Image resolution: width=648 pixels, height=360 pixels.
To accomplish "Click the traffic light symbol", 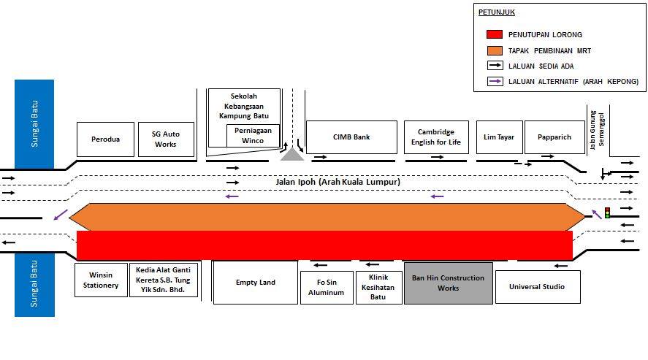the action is point(607,213).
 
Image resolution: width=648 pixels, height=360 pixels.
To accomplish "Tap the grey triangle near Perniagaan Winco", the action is point(292,156).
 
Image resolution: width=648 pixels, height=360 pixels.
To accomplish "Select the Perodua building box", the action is point(105,139).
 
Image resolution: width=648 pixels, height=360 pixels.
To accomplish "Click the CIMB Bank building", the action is point(351,137).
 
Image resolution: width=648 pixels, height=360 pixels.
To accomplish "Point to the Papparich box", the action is point(554,137).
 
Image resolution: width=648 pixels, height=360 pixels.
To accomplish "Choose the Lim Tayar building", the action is point(499,137).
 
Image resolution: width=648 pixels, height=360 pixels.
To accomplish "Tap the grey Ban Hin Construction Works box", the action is point(449,283).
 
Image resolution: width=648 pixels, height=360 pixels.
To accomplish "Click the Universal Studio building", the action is point(538,287).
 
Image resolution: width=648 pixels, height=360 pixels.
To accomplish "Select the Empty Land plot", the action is point(256,283).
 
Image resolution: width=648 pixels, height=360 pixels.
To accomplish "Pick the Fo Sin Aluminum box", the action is point(327,287).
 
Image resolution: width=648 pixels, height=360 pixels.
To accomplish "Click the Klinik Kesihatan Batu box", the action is point(378,287).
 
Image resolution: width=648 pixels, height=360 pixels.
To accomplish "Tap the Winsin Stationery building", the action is point(101,280).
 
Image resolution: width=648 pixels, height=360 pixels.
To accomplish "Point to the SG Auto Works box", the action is point(166,139).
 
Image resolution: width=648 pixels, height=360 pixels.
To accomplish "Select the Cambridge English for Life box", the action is point(436,137).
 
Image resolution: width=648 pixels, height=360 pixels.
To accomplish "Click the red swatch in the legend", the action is point(495,34).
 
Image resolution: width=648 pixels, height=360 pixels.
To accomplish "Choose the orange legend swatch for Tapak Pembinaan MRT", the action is point(495,50).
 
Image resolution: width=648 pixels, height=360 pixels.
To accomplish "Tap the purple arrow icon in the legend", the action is point(495,81).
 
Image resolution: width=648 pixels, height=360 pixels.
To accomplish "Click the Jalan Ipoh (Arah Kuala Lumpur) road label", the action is point(338,182).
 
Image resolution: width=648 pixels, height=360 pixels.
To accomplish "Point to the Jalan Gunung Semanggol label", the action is point(597,130).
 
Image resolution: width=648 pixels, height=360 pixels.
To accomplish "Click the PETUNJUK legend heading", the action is point(497,12).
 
